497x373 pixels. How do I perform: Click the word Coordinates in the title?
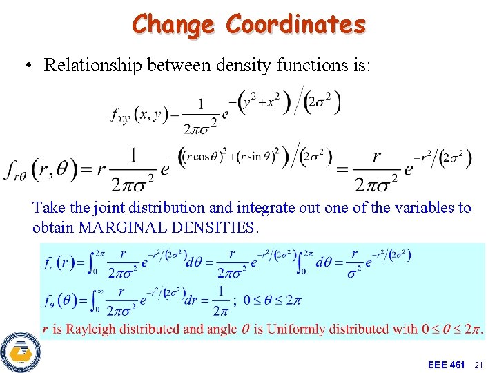tap(296, 24)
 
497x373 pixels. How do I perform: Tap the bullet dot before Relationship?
tap(28, 66)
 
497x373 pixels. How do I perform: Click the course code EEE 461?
tap(446, 364)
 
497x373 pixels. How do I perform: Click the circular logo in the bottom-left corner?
tap(21, 353)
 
